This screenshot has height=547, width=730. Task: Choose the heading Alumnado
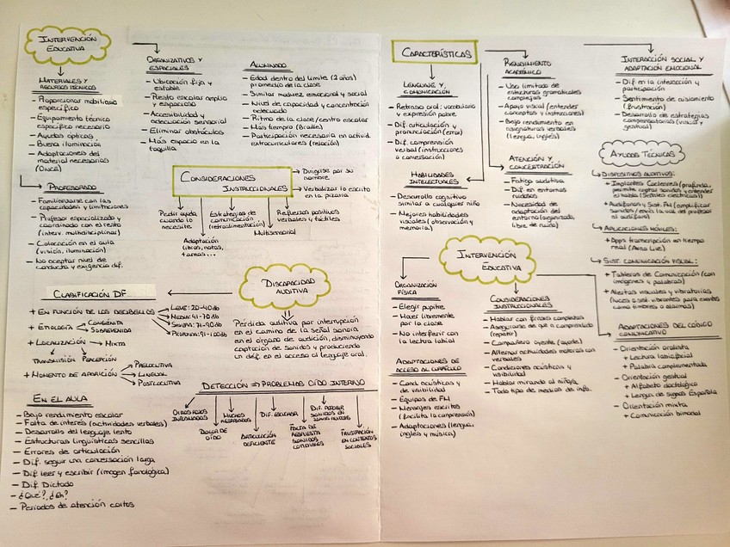pos(269,65)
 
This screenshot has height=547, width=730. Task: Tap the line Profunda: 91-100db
pos(200,335)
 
